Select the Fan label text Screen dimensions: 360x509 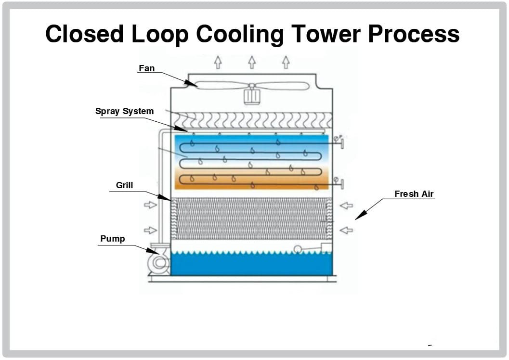pyautogui.click(x=147, y=68)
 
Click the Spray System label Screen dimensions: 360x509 pyautogui.click(x=124, y=111)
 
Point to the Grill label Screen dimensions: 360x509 pyautogui.click(x=124, y=185)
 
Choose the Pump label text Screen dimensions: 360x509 pyautogui.click(x=112, y=239)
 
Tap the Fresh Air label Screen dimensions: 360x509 pyautogui.click(x=414, y=194)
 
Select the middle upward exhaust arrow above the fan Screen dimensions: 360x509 pyautogui.click(x=252, y=62)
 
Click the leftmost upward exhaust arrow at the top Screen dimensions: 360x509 pyautogui.click(x=218, y=62)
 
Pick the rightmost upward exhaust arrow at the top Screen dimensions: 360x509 pyautogui.click(x=286, y=62)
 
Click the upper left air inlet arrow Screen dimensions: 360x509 pyautogui.click(x=150, y=206)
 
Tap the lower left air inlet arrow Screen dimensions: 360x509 pyautogui.click(x=150, y=231)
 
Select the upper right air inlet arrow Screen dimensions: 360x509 pyautogui.click(x=346, y=206)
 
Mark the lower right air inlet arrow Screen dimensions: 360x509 pyautogui.click(x=346, y=231)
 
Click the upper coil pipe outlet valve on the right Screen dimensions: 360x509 pyautogui.click(x=341, y=142)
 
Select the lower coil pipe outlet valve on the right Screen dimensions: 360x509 pyautogui.click(x=341, y=183)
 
